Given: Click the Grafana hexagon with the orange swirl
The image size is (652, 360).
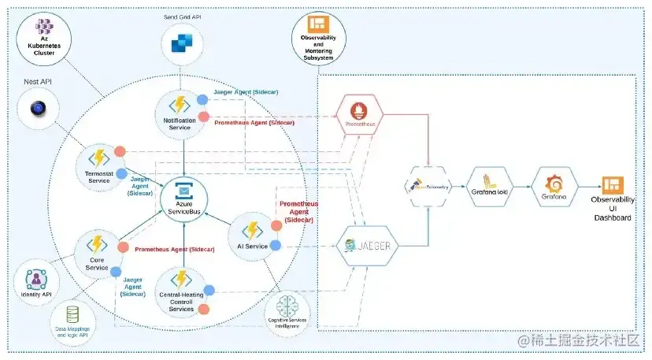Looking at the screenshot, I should (x=554, y=184).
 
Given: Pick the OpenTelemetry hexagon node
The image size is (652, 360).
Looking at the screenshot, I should (x=428, y=186).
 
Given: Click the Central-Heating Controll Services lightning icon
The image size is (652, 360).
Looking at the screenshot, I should (x=180, y=280).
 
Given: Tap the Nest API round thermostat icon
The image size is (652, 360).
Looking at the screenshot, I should (x=37, y=109).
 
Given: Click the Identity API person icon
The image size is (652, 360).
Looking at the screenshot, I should (x=35, y=279).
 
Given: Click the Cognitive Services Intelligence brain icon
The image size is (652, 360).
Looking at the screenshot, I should (x=287, y=306).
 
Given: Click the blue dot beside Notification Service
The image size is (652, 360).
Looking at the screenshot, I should (x=202, y=99).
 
